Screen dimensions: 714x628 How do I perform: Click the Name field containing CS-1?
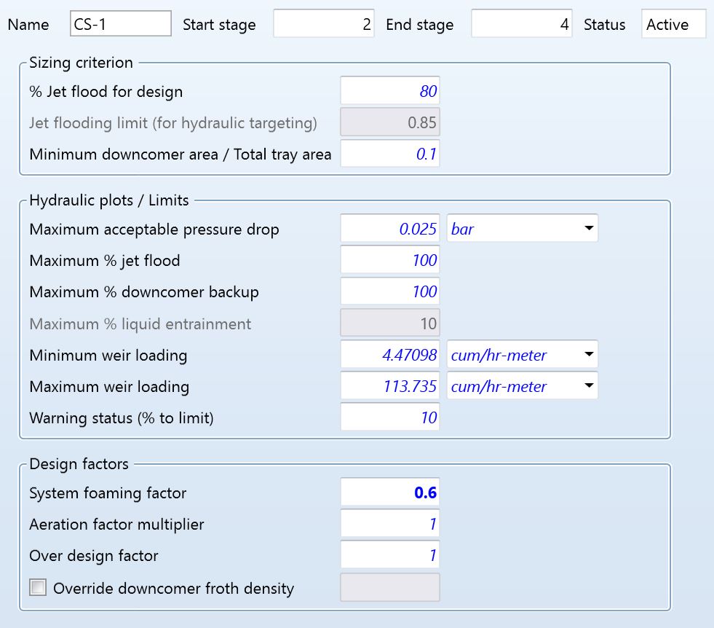coord(121,24)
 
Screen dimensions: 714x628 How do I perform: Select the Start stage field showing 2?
coord(323,24)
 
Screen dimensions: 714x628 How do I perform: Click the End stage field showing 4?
coord(521,24)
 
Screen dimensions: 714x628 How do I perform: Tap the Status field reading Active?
coord(673,24)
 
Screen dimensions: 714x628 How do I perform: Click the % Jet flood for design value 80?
coord(390,92)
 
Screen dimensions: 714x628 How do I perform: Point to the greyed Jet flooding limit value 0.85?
coord(390,123)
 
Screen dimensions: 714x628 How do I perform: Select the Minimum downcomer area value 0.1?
coord(390,154)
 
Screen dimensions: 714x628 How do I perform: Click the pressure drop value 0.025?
coord(390,229)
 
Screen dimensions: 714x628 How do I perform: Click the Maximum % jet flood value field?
coord(390,260)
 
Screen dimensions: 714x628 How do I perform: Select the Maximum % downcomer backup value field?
coord(390,291)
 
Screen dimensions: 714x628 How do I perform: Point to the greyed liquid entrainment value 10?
coord(390,323)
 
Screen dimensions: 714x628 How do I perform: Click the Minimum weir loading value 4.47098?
coord(390,355)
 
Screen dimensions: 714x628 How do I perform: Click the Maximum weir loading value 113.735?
coord(390,386)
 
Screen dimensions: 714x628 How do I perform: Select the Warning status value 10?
coord(390,417)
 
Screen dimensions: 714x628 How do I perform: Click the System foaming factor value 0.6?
coord(390,493)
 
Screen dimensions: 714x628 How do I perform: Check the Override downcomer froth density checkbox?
coord(38,587)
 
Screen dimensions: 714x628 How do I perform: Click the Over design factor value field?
coord(390,556)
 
